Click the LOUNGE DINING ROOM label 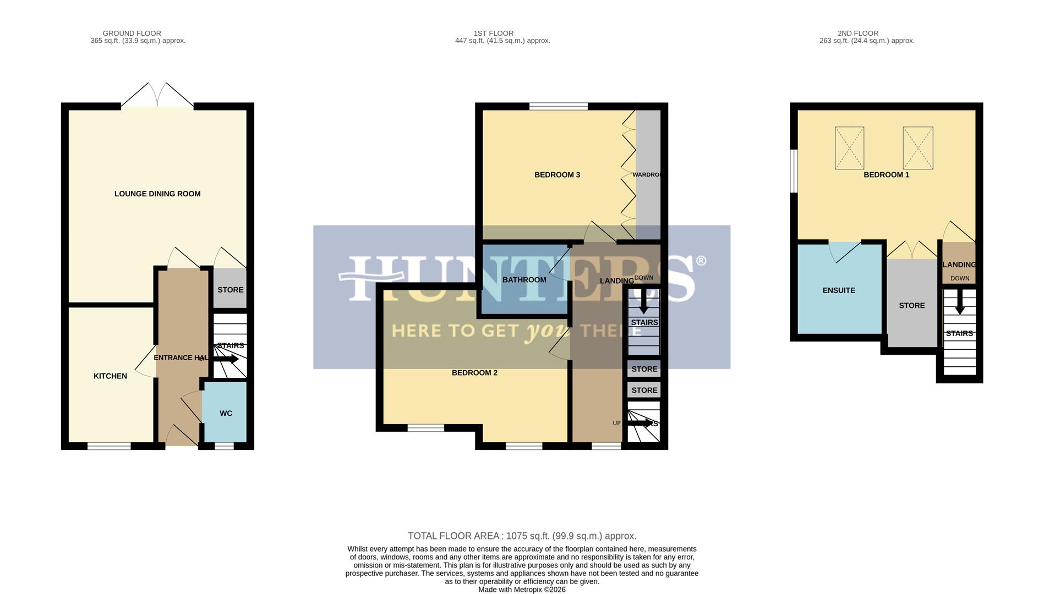coord(157,194)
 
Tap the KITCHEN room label coord(110,376)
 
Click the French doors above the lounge coord(157,95)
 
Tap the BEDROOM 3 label coord(557,175)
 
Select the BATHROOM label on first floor coord(524,280)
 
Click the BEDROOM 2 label coord(474,373)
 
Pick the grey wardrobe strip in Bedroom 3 coord(648,175)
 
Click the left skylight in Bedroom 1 coord(849,148)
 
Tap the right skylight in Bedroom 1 coord(917,148)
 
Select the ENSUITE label coord(839,290)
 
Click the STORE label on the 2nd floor coord(911,305)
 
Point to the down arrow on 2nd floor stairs coord(959,304)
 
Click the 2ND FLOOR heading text coord(857,34)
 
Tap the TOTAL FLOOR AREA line coord(522,536)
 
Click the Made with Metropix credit coord(522,590)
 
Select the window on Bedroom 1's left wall coord(794,171)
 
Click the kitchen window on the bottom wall coord(109,446)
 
